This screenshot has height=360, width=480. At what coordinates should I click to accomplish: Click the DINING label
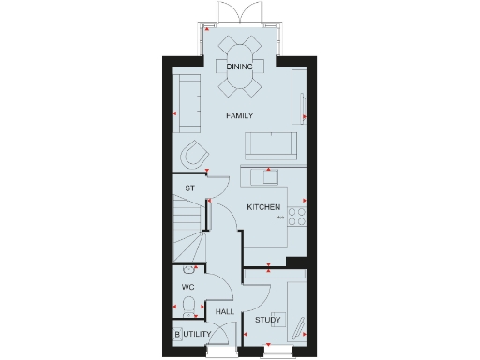[x=239, y=67]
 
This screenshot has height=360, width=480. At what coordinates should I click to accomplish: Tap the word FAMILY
[x=240, y=114]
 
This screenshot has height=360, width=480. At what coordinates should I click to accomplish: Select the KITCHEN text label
[x=262, y=206]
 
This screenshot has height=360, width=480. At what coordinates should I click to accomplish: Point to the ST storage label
[x=189, y=189]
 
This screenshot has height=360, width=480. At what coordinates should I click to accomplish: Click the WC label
[x=187, y=287]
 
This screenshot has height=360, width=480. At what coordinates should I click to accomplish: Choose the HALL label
[x=224, y=311]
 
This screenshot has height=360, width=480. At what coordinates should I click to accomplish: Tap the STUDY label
[x=267, y=321]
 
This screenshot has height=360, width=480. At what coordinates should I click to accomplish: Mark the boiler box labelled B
[x=176, y=333]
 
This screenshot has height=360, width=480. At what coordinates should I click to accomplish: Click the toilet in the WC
[x=190, y=307]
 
